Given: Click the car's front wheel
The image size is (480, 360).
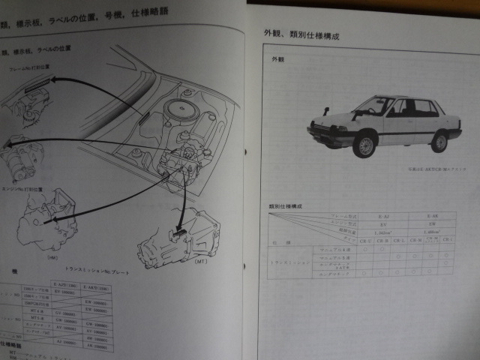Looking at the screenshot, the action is click(x=365, y=145).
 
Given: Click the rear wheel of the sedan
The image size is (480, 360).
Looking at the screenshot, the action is click(x=440, y=140).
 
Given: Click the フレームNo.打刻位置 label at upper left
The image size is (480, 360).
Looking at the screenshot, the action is click(x=30, y=67).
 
